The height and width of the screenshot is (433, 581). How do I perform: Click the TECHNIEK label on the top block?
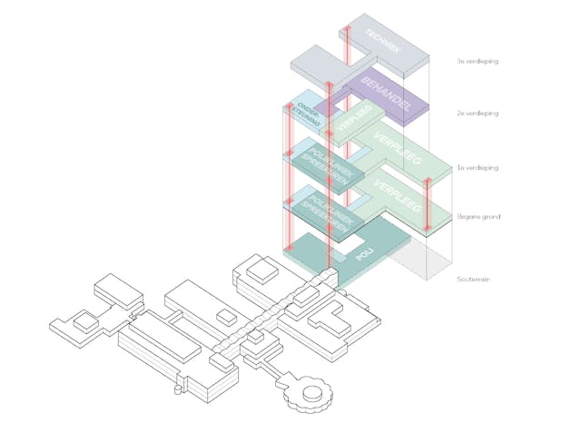(x=383, y=41)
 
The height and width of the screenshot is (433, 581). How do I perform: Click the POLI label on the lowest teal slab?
(x=364, y=259)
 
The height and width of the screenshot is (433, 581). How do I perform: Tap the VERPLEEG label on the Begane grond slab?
(x=399, y=198)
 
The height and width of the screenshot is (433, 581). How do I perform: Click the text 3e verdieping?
(x=478, y=62)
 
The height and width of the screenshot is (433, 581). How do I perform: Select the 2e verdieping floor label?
(x=478, y=114)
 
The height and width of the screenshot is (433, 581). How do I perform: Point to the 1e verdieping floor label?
(x=478, y=168)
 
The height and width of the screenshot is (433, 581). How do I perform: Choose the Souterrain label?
(x=474, y=280)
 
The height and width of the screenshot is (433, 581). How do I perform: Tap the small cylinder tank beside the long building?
(x=223, y=318)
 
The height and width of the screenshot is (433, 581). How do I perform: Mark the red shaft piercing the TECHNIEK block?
(x=348, y=45)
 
